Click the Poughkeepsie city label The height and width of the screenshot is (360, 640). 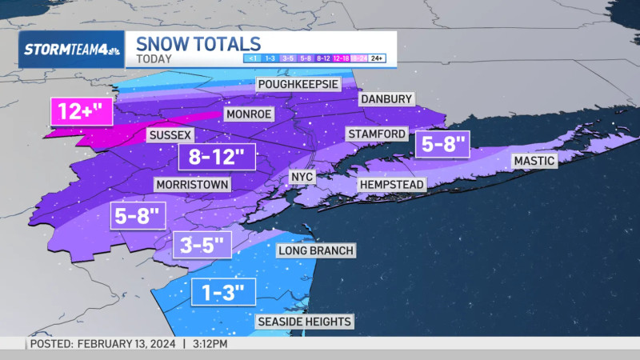tap(298, 84)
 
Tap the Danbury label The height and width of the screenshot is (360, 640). tap(386, 98)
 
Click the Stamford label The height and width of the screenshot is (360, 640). tap(377, 133)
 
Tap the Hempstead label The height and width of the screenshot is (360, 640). tap(392, 184)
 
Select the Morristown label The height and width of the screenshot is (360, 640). tap(193, 185)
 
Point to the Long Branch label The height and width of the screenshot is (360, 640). tap(315, 250)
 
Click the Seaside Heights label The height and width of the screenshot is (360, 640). tap(304, 322)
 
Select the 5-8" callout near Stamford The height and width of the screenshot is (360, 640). tap(442, 145)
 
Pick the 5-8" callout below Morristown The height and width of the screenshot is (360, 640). tap(138, 214)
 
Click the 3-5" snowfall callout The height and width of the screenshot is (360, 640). tap(202, 244)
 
